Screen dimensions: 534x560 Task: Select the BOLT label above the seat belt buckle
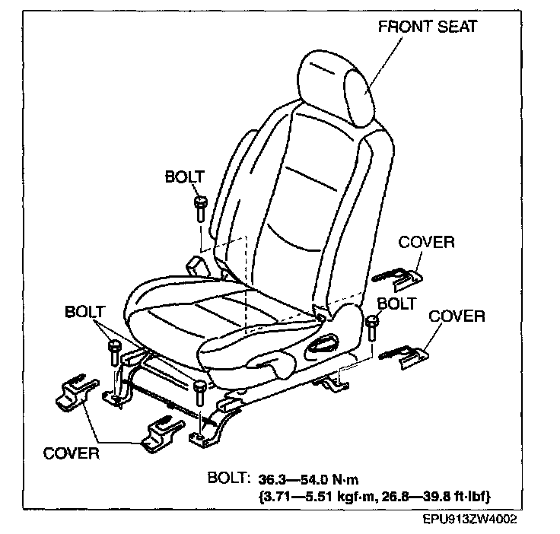point(185,177)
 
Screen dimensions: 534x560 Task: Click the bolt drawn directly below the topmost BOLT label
point(200,208)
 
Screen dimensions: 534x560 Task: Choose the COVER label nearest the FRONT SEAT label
point(426,243)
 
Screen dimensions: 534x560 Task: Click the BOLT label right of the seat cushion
point(396,304)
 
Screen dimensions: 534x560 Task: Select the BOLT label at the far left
point(85,312)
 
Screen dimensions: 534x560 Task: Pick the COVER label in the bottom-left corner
point(72,453)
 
